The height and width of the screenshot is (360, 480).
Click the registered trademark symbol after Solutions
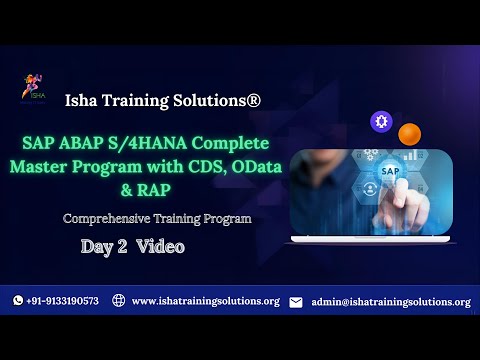pyautogui.click(x=255, y=100)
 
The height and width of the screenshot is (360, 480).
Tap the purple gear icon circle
pyautogui.click(x=380, y=121)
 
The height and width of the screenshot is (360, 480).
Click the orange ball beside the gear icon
pyautogui.click(x=408, y=133)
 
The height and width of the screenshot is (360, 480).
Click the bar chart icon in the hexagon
pyautogui.click(x=409, y=156)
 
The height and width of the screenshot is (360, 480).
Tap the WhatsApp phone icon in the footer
pyautogui.click(x=18, y=301)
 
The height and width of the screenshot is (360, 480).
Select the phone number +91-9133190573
pyautogui.click(x=62, y=301)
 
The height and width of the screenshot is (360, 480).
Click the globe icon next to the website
pyautogui.click(x=118, y=301)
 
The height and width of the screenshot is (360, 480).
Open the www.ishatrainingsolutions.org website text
pyautogui.click(x=205, y=301)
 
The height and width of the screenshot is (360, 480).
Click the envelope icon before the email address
pyautogui.click(x=296, y=302)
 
